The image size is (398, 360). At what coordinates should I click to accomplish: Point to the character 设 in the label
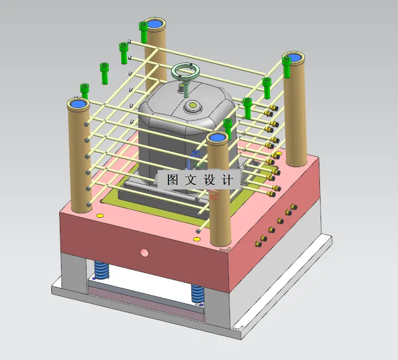(210, 180)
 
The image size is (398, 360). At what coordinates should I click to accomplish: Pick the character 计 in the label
(228, 180)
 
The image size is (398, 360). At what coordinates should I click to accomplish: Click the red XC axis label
(214, 197)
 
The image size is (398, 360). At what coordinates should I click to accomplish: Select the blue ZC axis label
(195, 154)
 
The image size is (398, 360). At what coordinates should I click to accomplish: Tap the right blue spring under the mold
(198, 293)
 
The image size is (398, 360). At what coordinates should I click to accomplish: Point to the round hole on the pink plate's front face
(144, 251)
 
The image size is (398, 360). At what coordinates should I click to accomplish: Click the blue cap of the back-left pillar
(154, 24)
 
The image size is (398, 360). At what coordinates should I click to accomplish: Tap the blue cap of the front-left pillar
(78, 104)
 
